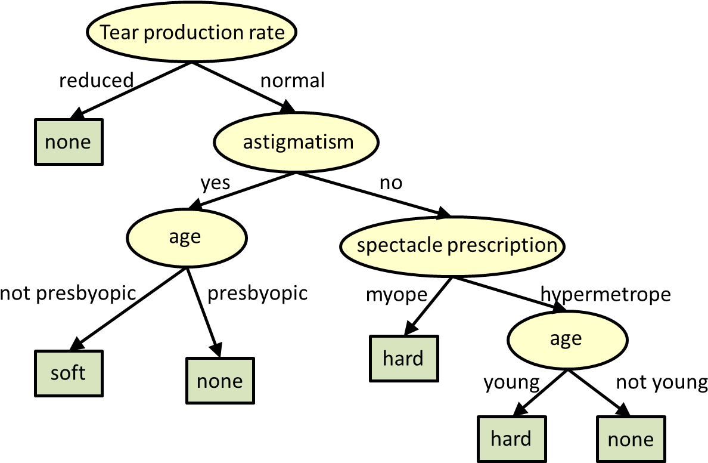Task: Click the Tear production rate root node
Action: pyautogui.click(x=191, y=32)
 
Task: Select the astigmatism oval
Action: pyautogui.click(x=296, y=142)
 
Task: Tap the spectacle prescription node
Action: pyautogui.click(x=452, y=246)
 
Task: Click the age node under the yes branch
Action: pyautogui.click(x=187, y=238)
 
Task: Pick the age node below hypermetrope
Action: pyautogui.click(x=567, y=339)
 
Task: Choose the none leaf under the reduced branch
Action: pyautogui.click(x=69, y=142)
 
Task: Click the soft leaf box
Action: pyautogui.click(x=69, y=374)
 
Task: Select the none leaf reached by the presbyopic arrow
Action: pyautogui.click(x=220, y=381)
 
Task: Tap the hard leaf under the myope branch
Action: pyautogui.click(x=403, y=359)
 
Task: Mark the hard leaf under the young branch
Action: pyautogui.click(x=511, y=440)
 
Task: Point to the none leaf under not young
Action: pyautogui.click(x=631, y=440)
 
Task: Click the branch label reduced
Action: pyautogui.click(x=97, y=81)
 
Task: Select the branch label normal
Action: pyautogui.click(x=293, y=81)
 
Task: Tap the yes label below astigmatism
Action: pyautogui.click(x=215, y=184)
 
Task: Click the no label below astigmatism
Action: pyautogui.click(x=391, y=183)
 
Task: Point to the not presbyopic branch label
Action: pyautogui.click(x=68, y=294)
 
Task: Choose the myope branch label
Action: pyautogui.click(x=396, y=295)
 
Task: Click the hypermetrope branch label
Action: pyautogui.click(x=605, y=295)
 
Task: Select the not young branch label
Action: pyautogui.click(x=662, y=382)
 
